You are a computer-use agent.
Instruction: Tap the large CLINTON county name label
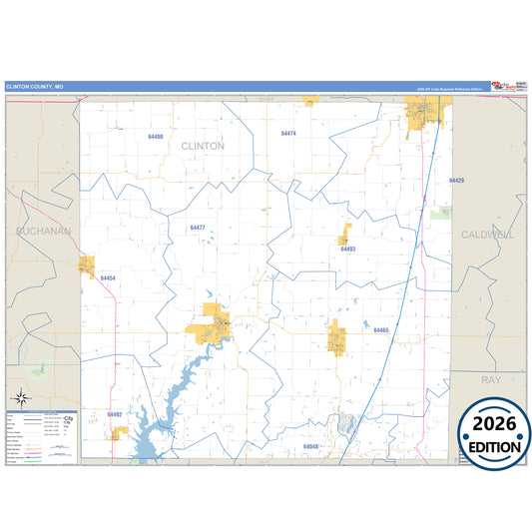coord(203,146)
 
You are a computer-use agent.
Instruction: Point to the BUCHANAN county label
coord(43,231)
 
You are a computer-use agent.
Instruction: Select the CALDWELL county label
coord(487,234)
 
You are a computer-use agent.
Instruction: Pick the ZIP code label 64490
coord(155,136)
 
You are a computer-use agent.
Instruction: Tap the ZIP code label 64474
coord(288,133)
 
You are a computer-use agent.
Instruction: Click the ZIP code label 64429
coord(456,181)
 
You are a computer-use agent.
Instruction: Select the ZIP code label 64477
coord(198,228)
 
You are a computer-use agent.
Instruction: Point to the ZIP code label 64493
coord(347,249)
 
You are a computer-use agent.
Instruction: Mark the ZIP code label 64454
coord(108,277)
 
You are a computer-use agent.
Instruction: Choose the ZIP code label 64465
coord(380,330)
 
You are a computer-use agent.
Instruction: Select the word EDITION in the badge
coord(495,447)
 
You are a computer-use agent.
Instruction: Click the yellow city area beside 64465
coord(337,337)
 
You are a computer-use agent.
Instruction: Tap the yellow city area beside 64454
coord(88,266)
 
